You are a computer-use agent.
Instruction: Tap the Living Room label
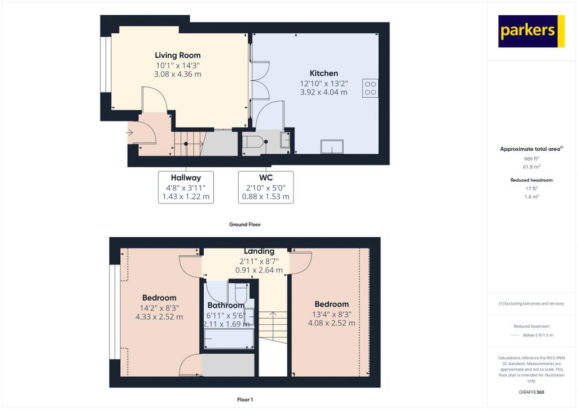click(x=178, y=55)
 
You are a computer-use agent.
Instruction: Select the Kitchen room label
click(x=324, y=73)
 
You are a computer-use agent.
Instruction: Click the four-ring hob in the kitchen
click(x=371, y=88)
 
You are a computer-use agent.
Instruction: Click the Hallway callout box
click(x=186, y=187)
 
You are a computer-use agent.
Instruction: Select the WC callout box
click(x=265, y=187)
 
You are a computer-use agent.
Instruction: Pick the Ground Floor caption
click(x=244, y=224)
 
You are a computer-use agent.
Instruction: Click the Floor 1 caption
click(x=244, y=399)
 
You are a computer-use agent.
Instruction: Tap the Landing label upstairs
click(x=259, y=251)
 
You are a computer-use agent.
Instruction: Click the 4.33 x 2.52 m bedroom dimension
click(x=159, y=317)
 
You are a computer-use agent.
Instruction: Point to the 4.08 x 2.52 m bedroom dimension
click(x=331, y=323)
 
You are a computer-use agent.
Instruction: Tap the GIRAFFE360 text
click(x=532, y=392)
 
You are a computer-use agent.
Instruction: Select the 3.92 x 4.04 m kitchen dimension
click(x=324, y=92)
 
